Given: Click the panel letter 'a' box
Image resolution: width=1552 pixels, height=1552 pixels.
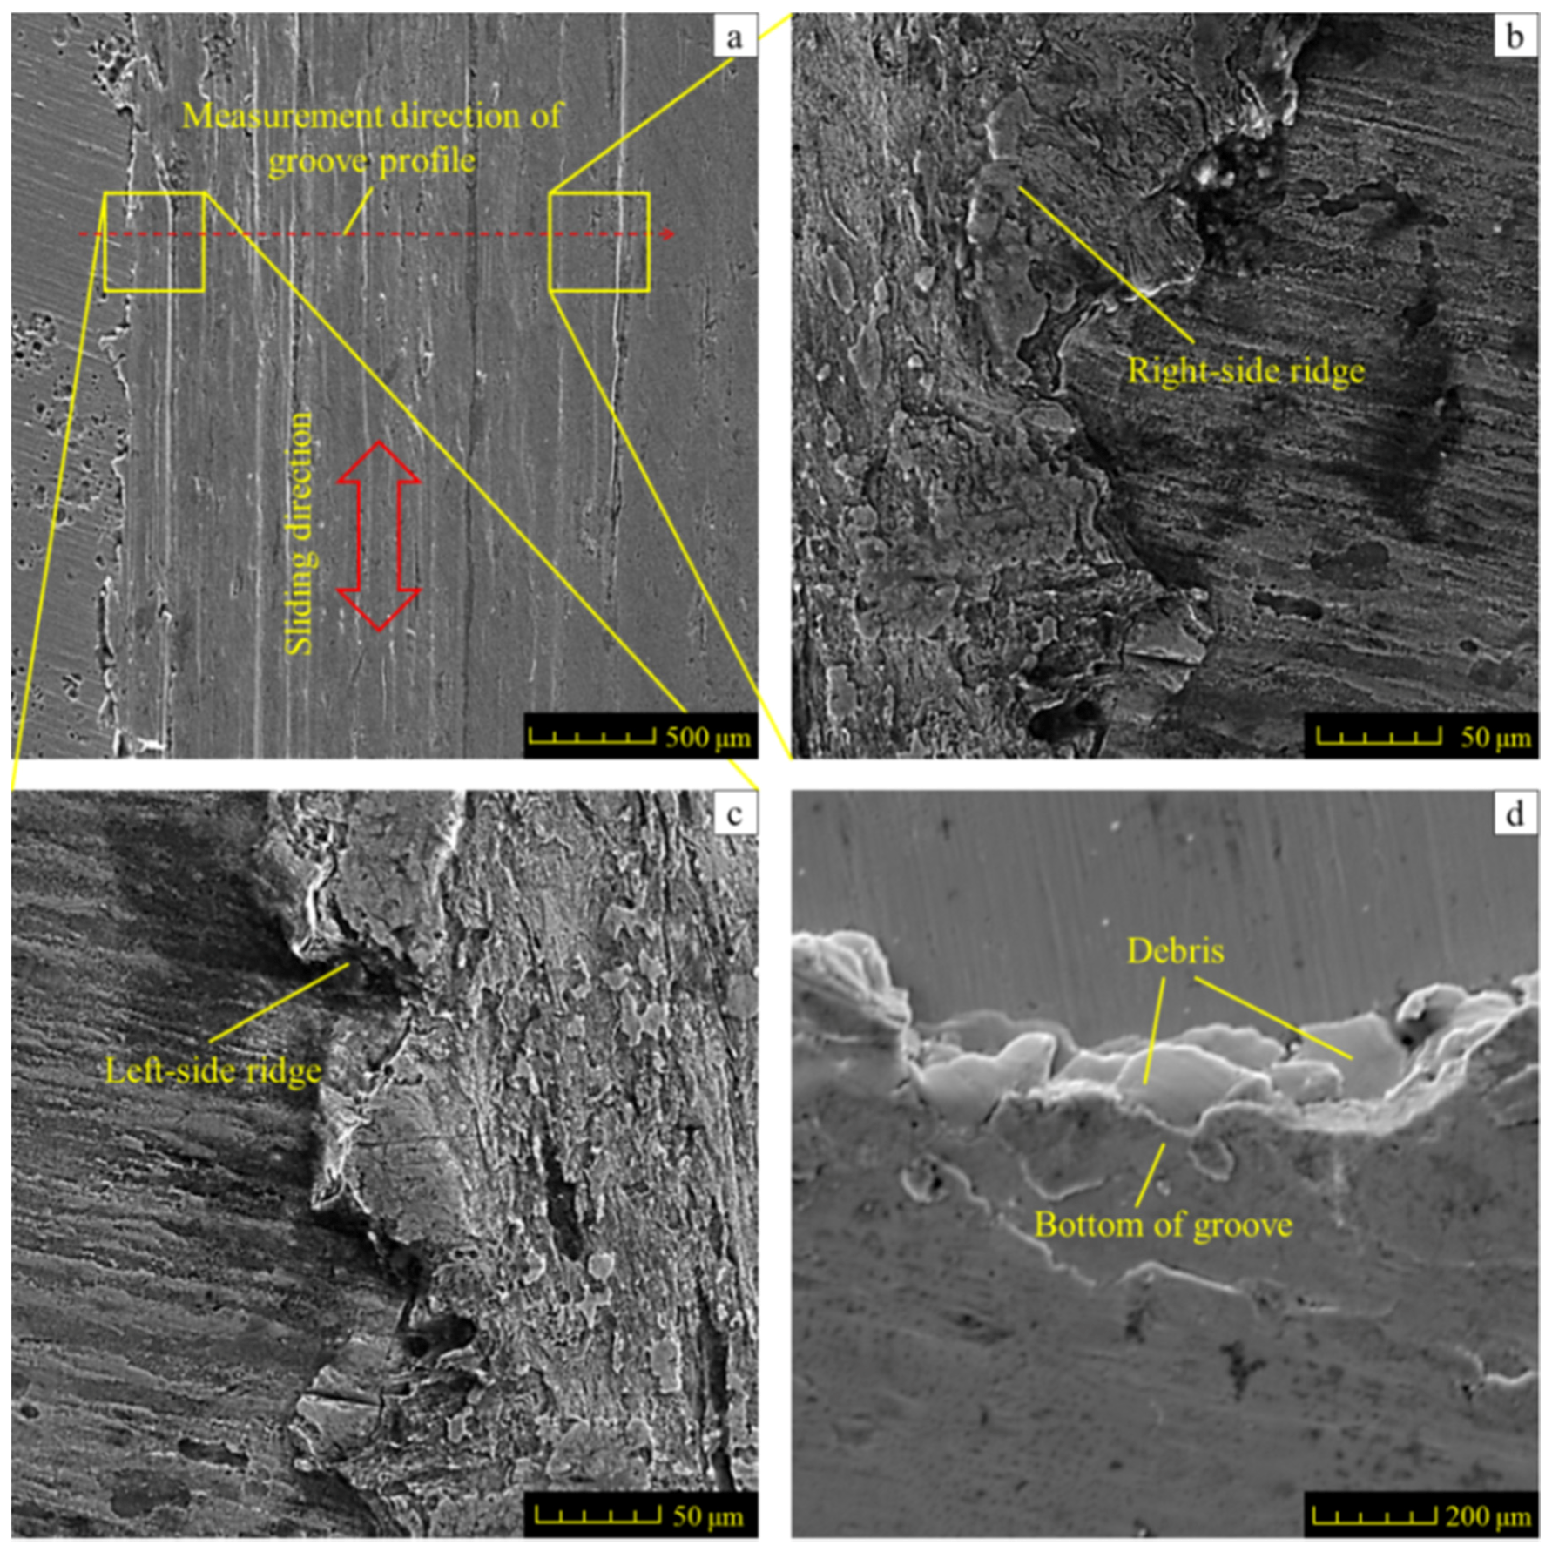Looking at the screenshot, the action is click(x=734, y=37).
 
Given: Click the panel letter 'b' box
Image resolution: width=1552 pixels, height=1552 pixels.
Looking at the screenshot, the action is click(x=1515, y=37).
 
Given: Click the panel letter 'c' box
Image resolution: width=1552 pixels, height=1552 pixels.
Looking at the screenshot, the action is click(x=734, y=814).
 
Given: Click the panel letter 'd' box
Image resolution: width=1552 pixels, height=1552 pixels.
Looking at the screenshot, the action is click(x=1515, y=814).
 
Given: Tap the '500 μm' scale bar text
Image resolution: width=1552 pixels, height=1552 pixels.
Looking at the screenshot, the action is click(x=707, y=737).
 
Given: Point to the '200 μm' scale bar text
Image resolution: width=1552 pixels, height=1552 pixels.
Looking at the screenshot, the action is click(x=1488, y=1516).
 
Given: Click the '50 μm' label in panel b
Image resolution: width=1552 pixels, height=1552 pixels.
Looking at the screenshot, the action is click(x=1495, y=737).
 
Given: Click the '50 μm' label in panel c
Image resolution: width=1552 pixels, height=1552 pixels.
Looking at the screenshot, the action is click(x=707, y=1516).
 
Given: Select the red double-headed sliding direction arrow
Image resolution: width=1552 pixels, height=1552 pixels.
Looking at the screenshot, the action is click(x=379, y=535).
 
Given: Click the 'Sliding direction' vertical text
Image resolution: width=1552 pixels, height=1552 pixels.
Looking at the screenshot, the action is click(x=299, y=533).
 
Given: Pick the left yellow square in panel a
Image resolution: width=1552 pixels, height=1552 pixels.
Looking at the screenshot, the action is click(x=154, y=241).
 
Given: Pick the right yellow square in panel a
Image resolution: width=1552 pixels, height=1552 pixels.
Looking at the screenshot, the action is click(x=599, y=241).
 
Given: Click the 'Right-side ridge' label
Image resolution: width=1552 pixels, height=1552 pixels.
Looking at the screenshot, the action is click(x=1245, y=371).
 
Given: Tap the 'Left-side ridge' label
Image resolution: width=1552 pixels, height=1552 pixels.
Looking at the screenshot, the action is click(x=213, y=1070).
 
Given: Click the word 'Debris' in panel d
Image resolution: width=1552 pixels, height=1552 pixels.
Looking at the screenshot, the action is click(x=1175, y=951).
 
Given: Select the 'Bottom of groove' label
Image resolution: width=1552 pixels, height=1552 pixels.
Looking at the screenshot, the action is click(x=1163, y=1225).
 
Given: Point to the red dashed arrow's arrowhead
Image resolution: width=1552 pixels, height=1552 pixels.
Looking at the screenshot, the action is click(x=669, y=234).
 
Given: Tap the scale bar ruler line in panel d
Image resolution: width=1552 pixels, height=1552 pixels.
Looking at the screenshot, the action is click(x=1373, y=1516).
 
